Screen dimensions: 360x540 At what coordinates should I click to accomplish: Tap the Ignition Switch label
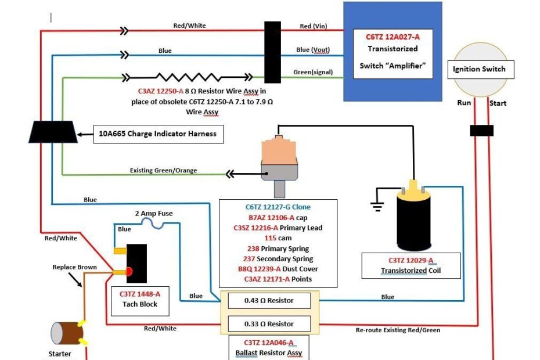(x=479, y=69)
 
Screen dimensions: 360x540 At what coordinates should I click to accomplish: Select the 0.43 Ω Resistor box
(x=269, y=300)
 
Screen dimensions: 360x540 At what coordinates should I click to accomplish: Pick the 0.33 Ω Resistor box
(x=269, y=323)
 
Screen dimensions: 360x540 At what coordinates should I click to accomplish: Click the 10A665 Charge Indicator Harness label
(x=157, y=134)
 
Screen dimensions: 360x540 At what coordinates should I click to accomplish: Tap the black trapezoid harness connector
(x=53, y=132)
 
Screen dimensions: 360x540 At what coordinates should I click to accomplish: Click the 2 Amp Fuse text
(x=154, y=214)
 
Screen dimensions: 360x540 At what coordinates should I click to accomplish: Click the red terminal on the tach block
(x=128, y=272)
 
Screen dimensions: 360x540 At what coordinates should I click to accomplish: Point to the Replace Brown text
(x=74, y=267)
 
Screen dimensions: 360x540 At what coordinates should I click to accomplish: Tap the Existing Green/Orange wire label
(x=163, y=171)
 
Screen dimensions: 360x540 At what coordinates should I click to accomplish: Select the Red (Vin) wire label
(x=314, y=26)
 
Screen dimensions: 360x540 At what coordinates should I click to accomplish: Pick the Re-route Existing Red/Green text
(x=398, y=330)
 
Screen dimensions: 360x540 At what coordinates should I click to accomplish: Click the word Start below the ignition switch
(x=498, y=103)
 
